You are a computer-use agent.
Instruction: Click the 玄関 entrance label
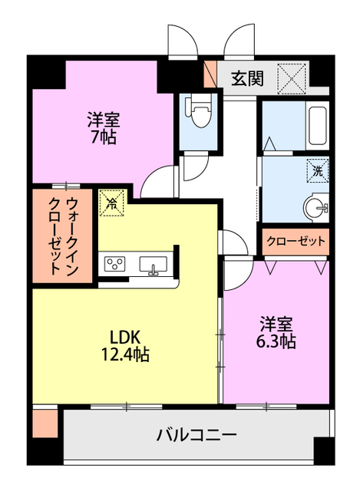tap(247, 77)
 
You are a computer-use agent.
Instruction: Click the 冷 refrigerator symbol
tap(112, 203)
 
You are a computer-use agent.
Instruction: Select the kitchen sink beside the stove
tap(154, 265)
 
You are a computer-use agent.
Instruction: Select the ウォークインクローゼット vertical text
tap(63, 236)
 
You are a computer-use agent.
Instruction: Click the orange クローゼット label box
tap(296, 241)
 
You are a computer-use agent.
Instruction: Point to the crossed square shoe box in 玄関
tap(292, 78)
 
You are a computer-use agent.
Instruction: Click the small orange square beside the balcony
tap(45, 424)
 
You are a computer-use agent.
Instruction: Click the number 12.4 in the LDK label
tap(113, 354)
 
